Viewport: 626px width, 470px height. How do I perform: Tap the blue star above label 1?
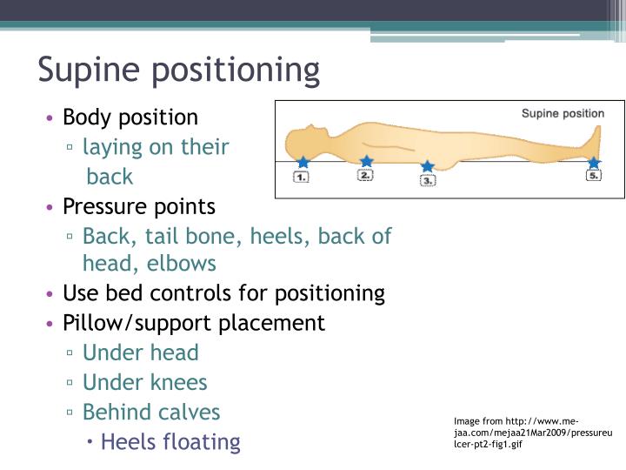pyautogui.click(x=303, y=162)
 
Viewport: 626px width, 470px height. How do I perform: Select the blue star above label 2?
pyautogui.click(x=366, y=161)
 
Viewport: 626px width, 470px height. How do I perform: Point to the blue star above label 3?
pyautogui.click(x=427, y=166)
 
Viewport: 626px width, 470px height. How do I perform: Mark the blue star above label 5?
pyautogui.click(x=594, y=163)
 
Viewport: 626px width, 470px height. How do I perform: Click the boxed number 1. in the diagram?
pyautogui.click(x=302, y=177)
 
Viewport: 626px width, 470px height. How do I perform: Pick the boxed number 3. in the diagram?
pyautogui.click(x=427, y=181)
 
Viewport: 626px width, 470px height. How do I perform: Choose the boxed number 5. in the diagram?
pyautogui.click(x=594, y=176)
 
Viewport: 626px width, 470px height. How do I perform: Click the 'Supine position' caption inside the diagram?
pyautogui.click(x=563, y=113)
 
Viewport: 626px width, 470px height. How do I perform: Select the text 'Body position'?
pyautogui.click(x=130, y=117)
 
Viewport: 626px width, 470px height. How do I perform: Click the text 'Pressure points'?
pyautogui.click(x=139, y=207)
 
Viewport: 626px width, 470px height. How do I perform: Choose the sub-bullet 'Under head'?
pyautogui.click(x=140, y=352)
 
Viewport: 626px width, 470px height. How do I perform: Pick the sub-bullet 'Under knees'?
pyautogui.click(x=144, y=382)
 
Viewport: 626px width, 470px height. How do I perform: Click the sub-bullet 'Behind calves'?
pyautogui.click(x=151, y=412)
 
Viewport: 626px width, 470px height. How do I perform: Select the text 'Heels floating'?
pyautogui.click(x=170, y=441)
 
